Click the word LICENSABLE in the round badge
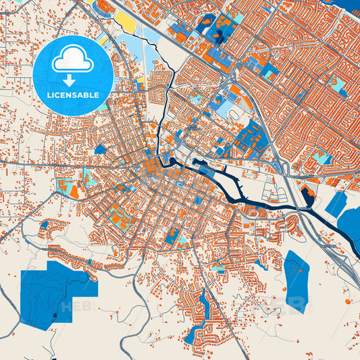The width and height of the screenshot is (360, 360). [x=72, y=95]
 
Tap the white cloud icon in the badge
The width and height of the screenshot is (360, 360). [x=72, y=60]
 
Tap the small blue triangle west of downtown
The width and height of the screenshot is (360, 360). [x=101, y=149]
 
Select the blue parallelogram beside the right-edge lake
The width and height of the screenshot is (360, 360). [x=336, y=204]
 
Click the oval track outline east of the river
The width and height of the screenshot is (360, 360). [x=236, y=115]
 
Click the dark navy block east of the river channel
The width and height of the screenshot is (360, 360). [x=307, y=196]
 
